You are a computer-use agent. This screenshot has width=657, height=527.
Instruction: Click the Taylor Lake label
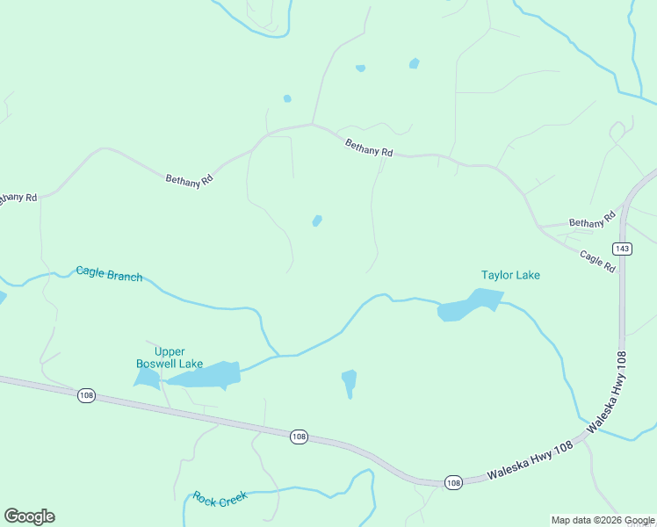pyautogui.click(x=510, y=275)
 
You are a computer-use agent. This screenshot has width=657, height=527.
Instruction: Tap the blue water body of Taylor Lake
pyautogui.click(x=467, y=306)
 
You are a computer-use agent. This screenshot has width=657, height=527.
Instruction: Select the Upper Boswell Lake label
pyautogui.click(x=170, y=357)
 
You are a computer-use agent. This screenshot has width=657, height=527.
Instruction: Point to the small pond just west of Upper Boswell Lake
pyautogui.click(x=147, y=378)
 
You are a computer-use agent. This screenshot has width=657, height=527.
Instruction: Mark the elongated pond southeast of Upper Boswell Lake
pyautogui.click(x=349, y=382)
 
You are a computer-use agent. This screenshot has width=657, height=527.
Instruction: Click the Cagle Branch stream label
pyautogui.click(x=109, y=275)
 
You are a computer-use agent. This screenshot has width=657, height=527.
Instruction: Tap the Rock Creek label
pyautogui.click(x=220, y=498)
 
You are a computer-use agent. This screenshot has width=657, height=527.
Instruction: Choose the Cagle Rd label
pyautogui.click(x=597, y=260)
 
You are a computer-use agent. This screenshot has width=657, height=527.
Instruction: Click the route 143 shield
pyautogui.click(x=622, y=249)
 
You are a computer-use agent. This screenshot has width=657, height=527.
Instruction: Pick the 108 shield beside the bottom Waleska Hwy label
pyautogui.click(x=452, y=482)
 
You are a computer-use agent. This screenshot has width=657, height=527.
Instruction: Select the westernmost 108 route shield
pyautogui.click(x=85, y=395)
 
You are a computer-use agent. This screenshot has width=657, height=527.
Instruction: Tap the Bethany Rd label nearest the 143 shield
pyautogui.click(x=592, y=222)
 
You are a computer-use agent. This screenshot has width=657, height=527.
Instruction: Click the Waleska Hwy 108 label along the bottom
pyautogui.click(x=530, y=459)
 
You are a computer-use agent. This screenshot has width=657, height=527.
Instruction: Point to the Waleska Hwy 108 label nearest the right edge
pyautogui.click(x=608, y=390)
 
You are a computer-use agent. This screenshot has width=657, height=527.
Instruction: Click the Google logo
pyautogui.click(x=29, y=516)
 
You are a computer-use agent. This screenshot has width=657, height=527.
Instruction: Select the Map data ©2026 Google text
pyautogui.click(x=603, y=520)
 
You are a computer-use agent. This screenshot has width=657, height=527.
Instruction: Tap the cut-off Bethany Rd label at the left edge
pyautogui.click(x=17, y=199)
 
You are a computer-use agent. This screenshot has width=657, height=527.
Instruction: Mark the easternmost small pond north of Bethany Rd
pyautogui.click(x=414, y=63)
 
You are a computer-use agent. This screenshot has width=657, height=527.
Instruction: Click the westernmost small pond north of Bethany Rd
pyautogui.click(x=287, y=98)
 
